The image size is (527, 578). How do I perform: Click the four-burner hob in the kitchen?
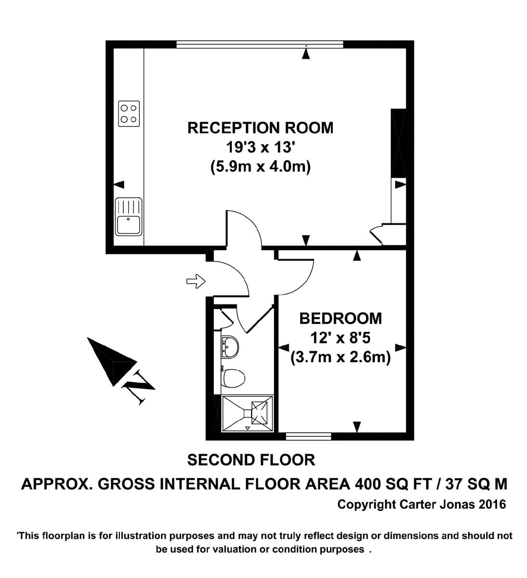[x=129, y=114]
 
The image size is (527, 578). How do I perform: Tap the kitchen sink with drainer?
[x=129, y=216]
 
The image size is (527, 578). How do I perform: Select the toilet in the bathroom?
[x=233, y=378]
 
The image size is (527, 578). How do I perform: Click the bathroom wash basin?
[x=230, y=347]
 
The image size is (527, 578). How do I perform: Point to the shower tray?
[x=247, y=414]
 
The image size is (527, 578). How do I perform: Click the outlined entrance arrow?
[x=196, y=281]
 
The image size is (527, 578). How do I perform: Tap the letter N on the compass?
[x=138, y=386]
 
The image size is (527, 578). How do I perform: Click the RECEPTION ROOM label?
[x=260, y=128]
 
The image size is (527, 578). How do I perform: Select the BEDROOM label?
[x=341, y=319]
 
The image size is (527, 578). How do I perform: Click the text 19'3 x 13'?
[x=260, y=147]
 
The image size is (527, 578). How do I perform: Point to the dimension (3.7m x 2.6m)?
[x=341, y=357]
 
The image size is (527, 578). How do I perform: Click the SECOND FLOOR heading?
[x=251, y=460]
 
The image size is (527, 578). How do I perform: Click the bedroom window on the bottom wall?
[x=308, y=436]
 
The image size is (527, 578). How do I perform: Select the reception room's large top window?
[x=260, y=44]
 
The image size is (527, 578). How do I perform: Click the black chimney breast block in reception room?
[x=398, y=143]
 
